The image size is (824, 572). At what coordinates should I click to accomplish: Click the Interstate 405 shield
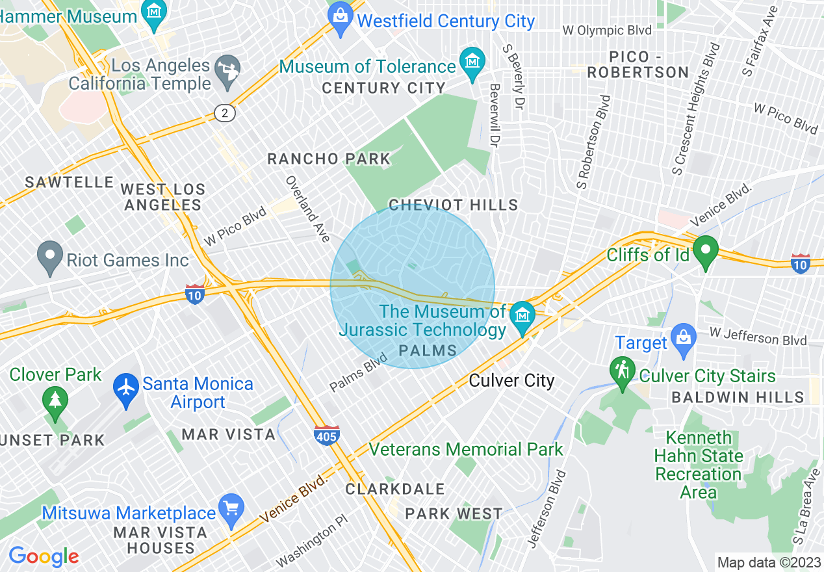coord(326,434)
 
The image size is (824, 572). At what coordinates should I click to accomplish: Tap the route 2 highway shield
coord(225,113)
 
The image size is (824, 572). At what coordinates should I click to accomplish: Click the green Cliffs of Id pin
coord(705,252)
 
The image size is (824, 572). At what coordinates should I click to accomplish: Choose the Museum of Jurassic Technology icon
coord(522,317)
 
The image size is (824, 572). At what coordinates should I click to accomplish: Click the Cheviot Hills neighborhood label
coord(453,205)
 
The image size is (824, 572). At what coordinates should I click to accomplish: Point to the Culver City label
coord(511,380)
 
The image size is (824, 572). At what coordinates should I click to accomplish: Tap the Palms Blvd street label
coord(358,372)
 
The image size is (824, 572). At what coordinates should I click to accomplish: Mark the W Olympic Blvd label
coord(606,31)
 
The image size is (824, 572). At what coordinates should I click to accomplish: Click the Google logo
coord(44,556)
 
